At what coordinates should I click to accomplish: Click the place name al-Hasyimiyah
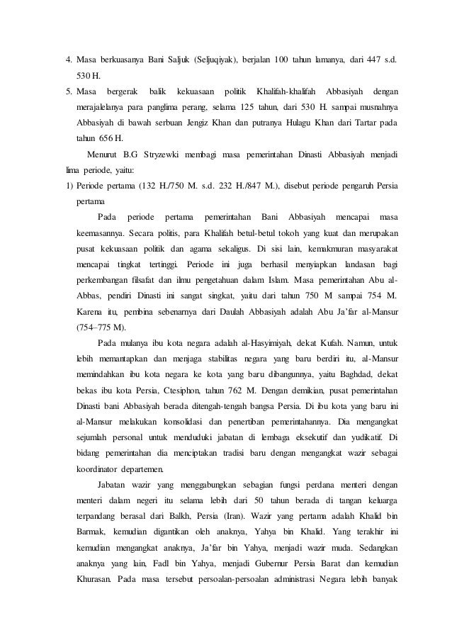coord(235,342)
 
